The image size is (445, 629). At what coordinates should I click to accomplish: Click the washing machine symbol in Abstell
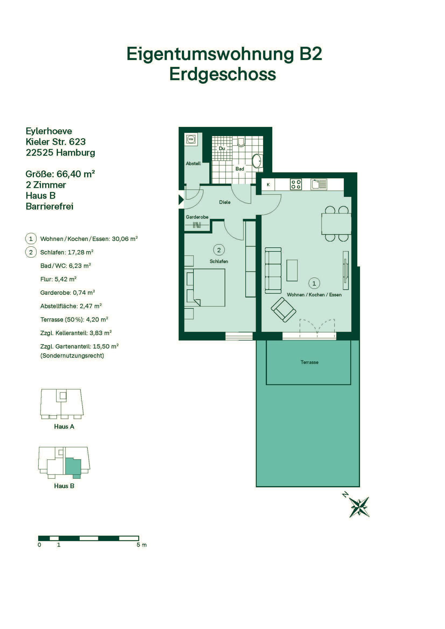point(191,140)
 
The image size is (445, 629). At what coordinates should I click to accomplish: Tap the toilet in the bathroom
point(241,141)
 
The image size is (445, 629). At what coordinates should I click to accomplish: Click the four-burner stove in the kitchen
point(296,184)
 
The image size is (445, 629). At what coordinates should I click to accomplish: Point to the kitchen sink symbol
point(319,184)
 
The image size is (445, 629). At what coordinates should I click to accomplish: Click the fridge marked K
point(268,185)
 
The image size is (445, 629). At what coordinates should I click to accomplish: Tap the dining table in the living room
point(336,224)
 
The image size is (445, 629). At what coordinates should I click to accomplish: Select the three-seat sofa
point(273,270)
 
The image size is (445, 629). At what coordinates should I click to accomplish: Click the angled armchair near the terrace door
point(284,310)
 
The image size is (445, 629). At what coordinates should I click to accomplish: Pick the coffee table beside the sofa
point(292,270)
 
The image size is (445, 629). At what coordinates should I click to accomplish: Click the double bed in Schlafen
point(205,288)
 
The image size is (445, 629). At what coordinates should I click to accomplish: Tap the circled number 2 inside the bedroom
point(219,250)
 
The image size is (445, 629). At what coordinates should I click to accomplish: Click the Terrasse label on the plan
point(309,362)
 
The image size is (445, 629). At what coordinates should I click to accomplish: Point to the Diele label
point(225,202)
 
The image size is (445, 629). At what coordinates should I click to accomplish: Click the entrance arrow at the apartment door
point(181,200)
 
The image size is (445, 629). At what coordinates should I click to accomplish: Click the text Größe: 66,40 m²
point(60,174)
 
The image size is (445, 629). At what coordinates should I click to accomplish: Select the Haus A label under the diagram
point(64,427)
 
